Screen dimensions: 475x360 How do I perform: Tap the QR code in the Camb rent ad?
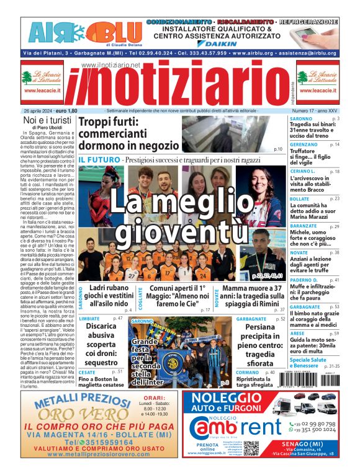(x=251, y=449)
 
